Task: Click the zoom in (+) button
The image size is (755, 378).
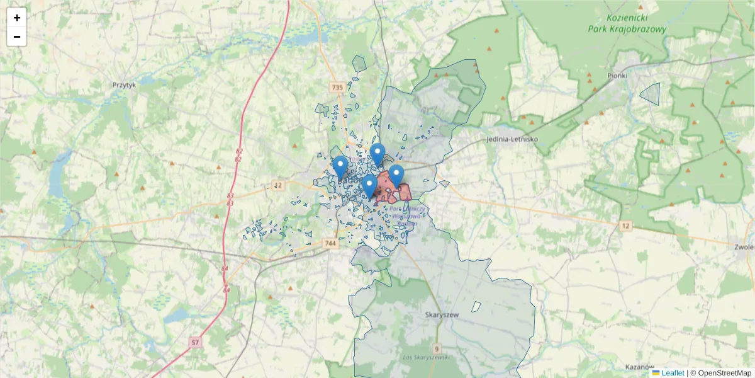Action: click(17, 18)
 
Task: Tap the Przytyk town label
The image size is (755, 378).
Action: click(124, 84)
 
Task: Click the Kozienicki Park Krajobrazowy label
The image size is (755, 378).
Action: click(627, 24)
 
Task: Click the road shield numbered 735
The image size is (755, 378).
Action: click(337, 88)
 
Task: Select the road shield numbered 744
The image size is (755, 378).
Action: click(330, 243)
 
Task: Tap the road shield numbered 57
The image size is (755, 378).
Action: click(196, 343)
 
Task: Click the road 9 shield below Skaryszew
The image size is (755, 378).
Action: click(437, 348)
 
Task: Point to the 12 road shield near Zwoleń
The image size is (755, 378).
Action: click(625, 226)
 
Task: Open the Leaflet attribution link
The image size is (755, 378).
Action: click(673, 373)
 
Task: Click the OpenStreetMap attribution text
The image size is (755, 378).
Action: click(720, 373)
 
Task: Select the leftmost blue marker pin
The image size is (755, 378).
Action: click(340, 167)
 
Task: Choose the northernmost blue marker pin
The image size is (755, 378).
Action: click(377, 154)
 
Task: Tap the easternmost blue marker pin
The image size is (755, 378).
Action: click(396, 176)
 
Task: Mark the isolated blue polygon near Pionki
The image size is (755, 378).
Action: click(651, 94)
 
